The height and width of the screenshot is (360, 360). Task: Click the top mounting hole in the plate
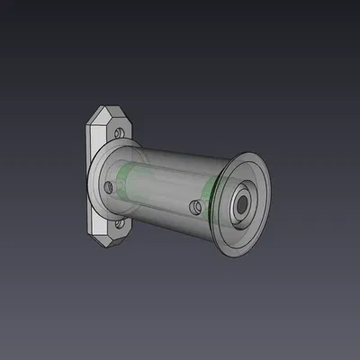(117, 132)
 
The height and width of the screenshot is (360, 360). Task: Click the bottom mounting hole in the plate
(119, 223)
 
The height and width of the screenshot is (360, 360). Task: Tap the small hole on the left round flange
(109, 187)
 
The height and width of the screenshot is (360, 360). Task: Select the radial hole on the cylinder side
(194, 208)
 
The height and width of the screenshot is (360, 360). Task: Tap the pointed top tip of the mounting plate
(100, 106)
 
